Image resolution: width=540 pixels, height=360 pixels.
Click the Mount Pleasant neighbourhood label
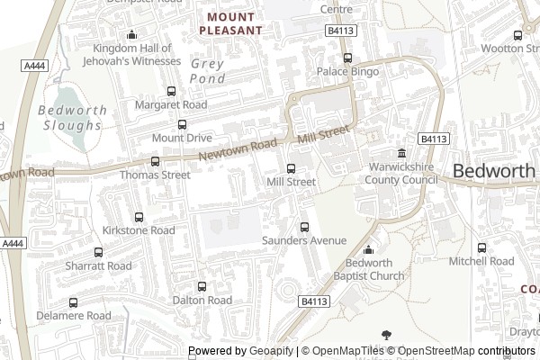(234, 23)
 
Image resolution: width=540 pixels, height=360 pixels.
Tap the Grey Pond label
(208, 71)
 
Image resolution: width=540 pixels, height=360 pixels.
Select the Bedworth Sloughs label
(73, 118)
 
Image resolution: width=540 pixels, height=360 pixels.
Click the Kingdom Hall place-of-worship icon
(132, 35)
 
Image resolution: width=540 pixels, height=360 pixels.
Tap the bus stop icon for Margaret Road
(171, 92)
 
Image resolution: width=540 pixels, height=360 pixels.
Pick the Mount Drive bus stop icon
(182, 125)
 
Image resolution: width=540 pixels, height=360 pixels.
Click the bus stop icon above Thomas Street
(156, 162)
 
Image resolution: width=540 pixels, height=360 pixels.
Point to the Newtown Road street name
(237, 150)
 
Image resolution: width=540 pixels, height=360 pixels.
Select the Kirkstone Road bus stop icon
(139, 217)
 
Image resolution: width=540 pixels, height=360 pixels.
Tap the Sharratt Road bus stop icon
(98, 253)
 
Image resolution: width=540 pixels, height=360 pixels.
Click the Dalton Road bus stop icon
(202, 286)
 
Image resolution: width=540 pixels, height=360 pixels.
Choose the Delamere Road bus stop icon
(74, 302)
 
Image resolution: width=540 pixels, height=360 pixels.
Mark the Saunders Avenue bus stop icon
(304, 227)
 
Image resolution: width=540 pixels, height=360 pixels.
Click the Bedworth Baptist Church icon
(368, 249)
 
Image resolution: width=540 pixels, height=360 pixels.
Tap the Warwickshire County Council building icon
(401, 154)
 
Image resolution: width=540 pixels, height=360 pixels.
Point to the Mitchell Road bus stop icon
(481, 247)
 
